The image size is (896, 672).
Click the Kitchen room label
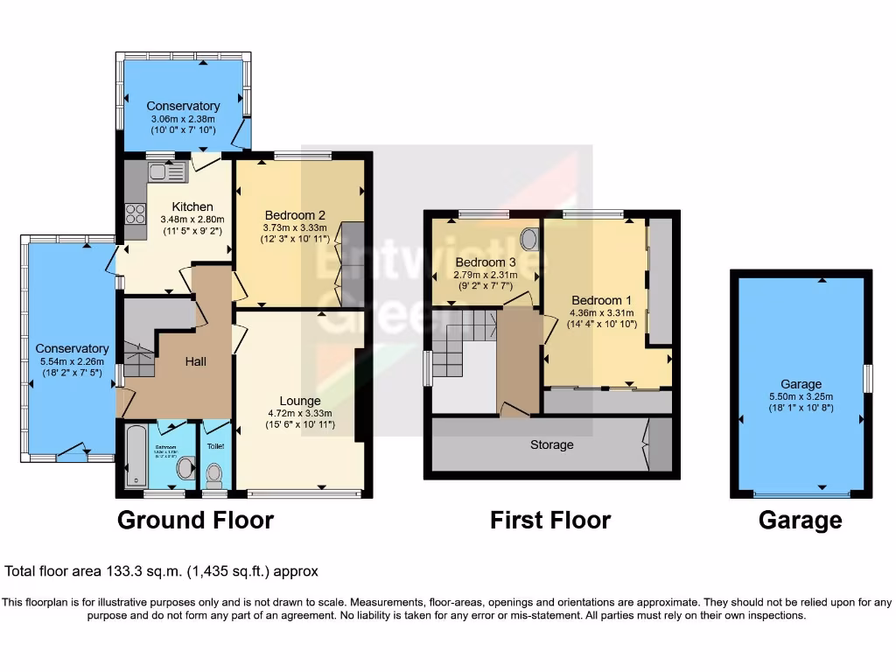point(192,206)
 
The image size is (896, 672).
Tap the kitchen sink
point(164,171)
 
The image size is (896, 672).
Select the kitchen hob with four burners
point(136,213)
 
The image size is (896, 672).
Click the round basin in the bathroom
point(186,468)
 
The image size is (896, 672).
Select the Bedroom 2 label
point(295,215)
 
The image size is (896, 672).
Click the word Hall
point(196,361)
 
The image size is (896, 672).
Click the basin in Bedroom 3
point(529,238)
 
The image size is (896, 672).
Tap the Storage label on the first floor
point(551,444)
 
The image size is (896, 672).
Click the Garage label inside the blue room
point(801,384)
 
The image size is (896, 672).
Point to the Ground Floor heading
point(195,521)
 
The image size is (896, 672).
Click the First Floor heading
point(549,521)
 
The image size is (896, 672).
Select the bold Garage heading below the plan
point(800,521)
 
